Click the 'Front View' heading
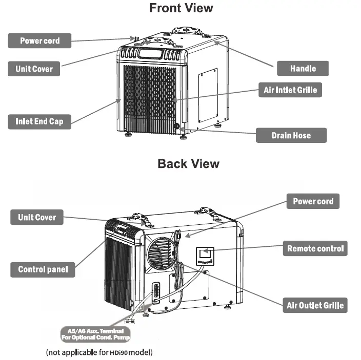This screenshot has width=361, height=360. coord(181,8)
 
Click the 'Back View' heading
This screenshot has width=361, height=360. coord(188,164)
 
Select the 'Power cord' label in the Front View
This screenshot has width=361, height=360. coord(39,40)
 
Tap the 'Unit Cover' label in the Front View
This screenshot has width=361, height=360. coord(34,69)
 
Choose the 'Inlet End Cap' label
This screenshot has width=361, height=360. coord(39,121)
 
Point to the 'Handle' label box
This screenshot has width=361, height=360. coord(303,68)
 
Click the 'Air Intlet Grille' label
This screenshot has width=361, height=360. coord(290,90)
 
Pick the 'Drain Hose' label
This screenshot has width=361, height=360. coord(291,136)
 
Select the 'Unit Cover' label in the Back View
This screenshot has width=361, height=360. coord(37,217)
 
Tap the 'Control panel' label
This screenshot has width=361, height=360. coord(43,269)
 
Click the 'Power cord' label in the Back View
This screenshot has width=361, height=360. coord(313,201)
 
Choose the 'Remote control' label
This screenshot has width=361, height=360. coord(315,249)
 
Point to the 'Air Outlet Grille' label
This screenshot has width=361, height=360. coord(315,306)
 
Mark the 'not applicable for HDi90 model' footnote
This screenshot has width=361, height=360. coord(99,352)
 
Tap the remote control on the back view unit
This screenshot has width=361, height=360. coord(205,255)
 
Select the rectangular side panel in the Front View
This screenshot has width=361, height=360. coord(208,95)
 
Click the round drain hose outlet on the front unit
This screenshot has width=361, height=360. coord(177,126)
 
